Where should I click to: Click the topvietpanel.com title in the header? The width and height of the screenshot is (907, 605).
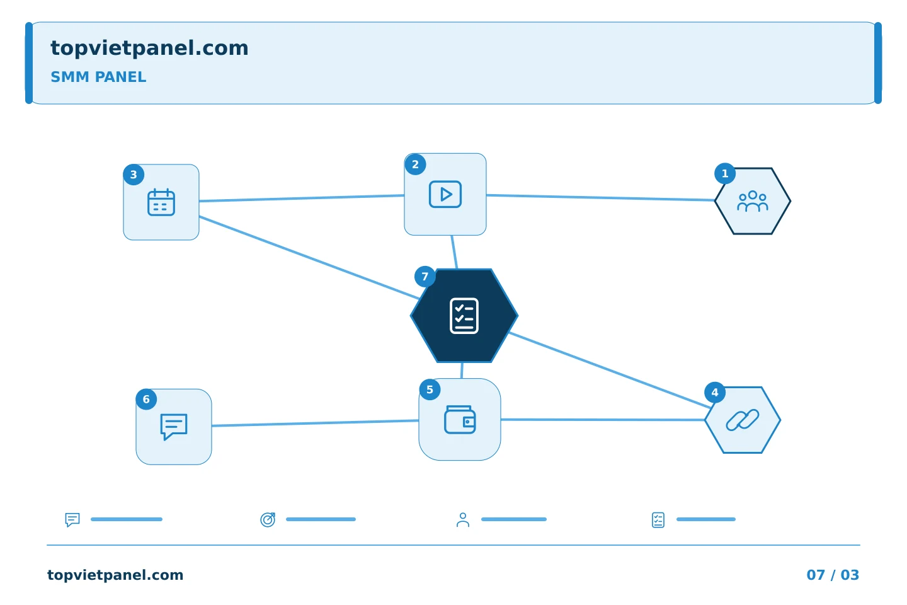[x=149, y=49]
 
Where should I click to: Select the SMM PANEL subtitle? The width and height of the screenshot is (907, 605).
[x=98, y=77]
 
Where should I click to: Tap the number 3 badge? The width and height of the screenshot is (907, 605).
[x=134, y=175]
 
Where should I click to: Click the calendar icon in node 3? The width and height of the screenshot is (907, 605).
[x=161, y=202]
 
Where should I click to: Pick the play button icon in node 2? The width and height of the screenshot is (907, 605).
[x=445, y=195]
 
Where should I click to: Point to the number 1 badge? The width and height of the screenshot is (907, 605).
[x=725, y=174]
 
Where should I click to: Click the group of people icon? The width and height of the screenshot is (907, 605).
[x=752, y=201]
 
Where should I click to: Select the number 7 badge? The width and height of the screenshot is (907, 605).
[x=425, y=277]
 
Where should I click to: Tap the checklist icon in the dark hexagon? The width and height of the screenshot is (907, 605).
[x=464, y=316]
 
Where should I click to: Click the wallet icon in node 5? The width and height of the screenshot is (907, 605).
[x=460, y=420]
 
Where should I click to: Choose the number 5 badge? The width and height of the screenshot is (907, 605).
[x=430, y=390]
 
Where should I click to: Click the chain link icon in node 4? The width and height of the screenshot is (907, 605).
[x=742, y=420]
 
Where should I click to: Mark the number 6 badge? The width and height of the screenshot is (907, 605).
[x=146, y=400]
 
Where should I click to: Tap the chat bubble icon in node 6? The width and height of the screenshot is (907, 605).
[x=174, y=427]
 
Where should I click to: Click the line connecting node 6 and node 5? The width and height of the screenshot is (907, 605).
[x=315, y=423]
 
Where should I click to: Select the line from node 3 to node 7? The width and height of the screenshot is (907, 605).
[x=309, y=258]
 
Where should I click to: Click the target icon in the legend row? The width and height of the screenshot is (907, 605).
[x=268, y=519]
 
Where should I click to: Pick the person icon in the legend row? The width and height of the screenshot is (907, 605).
[x=463, y=519]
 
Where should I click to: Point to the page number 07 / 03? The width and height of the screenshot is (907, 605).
[x=833, y=575]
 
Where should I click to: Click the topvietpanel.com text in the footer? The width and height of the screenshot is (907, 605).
[x=115, y=575]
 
